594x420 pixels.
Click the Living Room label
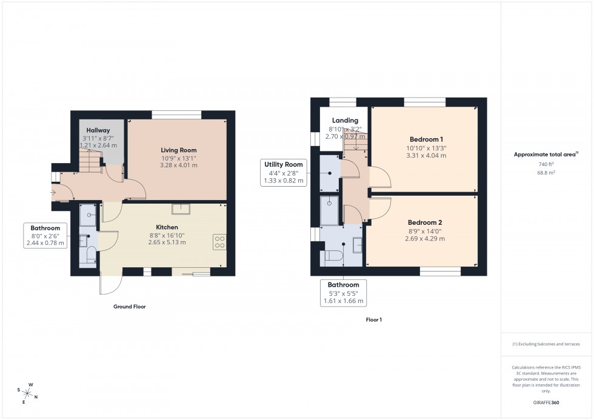point(178,150)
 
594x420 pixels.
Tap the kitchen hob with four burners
point(219,242)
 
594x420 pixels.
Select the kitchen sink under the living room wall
point(180,209)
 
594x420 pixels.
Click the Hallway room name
point(98,130)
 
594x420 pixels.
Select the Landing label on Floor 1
point(345,121)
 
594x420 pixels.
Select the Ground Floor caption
point(130,307)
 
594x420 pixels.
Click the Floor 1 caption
point(374,319)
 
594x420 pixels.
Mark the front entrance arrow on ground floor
point(54,193)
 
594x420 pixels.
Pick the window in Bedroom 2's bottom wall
point(440,271)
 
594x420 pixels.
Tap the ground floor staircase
point(89,161)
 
